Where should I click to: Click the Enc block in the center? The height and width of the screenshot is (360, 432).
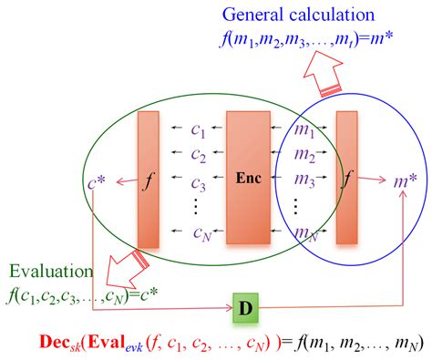pyautogui.click(x=250, y=178)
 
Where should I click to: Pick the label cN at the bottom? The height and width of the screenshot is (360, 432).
pyautogui.click(x=199, y=236)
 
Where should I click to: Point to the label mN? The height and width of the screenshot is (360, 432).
pyautogui.click(x=307, y=235)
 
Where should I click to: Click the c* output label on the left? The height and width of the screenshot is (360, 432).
pyautogui.click(x=93, y=179)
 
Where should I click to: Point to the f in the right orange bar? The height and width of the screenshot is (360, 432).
pyautogui.click(x=347, y=180)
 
